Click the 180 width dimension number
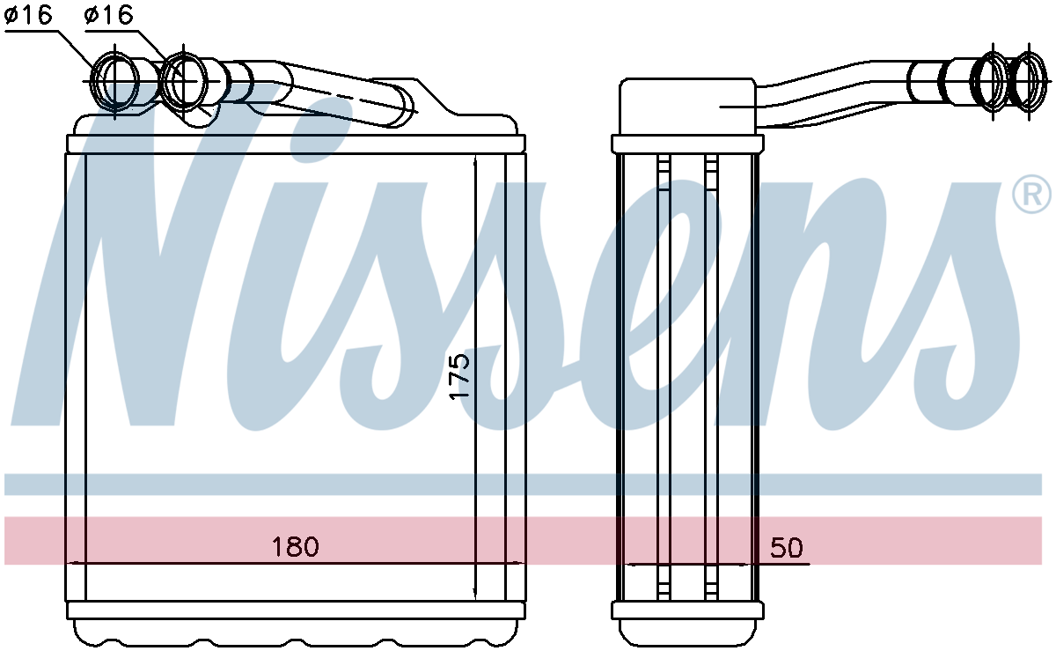296,547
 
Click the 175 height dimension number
459,377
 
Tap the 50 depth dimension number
787,548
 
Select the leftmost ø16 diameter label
28,15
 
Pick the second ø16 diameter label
109,15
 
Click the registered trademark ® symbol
1031,195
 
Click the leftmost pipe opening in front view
114,82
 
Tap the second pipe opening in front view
184,81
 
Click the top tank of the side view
687,107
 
